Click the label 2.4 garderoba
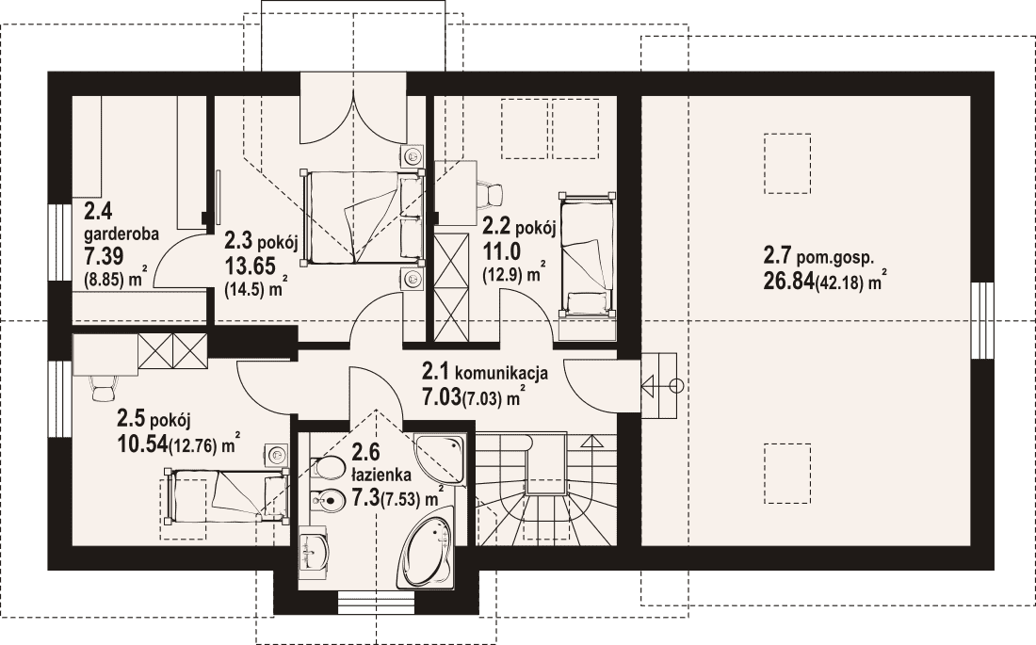[x=121, y=222]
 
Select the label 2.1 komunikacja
[x=485, y=372]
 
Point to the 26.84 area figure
[x=788, y=282]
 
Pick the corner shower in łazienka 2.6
[x=440, y=458]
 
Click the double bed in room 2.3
[x=362, y=218]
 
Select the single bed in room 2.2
[x=586, y=254]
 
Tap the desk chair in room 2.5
[x=104, y=388]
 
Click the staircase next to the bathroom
[x=545, y=487]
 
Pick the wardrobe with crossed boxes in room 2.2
[x=450, y=287]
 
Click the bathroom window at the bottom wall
[x=376, y=602]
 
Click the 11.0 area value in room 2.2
[x=501, y=251]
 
